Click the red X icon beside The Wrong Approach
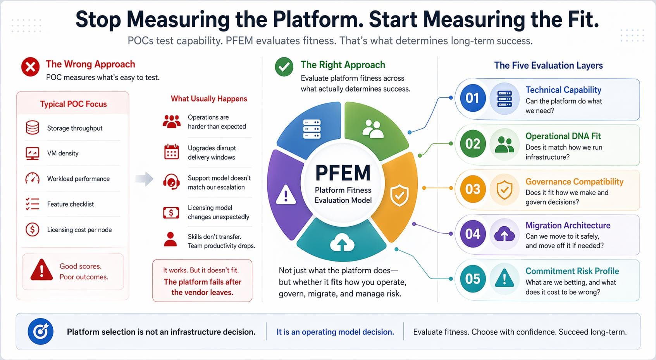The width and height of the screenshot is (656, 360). point(30,67)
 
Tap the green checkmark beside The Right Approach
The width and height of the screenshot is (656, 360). point(284,67)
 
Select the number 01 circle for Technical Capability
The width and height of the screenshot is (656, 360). point(472,98)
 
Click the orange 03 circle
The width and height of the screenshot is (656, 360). point(472,189)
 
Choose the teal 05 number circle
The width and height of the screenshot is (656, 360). point(472,279)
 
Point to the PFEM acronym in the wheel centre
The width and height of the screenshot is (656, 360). point(343,173)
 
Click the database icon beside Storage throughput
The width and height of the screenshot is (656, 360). point(33,127)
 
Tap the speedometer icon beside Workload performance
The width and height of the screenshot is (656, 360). point(33,178)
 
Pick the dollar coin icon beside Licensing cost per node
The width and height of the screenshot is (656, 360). point(33,229)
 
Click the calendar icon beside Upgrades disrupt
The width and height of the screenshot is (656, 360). point(171,152)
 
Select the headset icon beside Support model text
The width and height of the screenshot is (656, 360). point(171,181)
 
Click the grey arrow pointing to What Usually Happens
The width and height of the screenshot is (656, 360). point(144,179)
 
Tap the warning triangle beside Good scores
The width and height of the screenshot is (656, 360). point(41,270)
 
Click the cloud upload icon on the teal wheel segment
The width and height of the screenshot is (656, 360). point(342,243)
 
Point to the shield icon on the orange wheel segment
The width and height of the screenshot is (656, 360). point(399,195)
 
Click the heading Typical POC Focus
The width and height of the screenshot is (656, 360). point(73,104)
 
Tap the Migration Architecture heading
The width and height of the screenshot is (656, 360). point(568,225)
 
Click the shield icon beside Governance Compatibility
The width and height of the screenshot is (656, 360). point(504,189)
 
